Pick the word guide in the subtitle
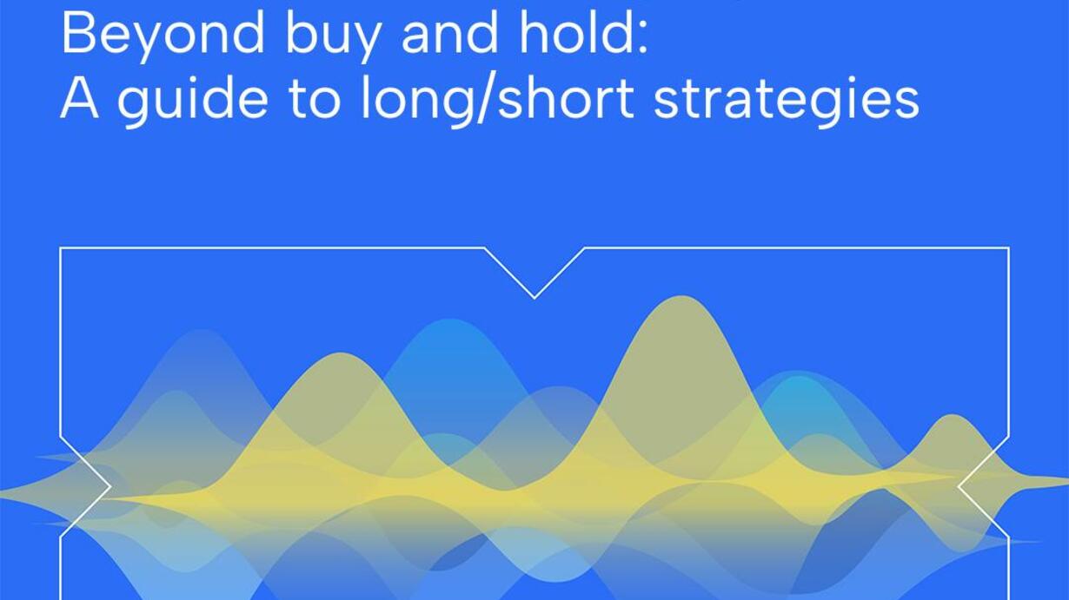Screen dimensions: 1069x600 click(x=192, y=100)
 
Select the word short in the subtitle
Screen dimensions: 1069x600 click(x=566, y=97)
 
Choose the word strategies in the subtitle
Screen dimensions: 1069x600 click(x=786, y=100)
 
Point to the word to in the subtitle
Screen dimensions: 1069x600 click(x=315, y=99)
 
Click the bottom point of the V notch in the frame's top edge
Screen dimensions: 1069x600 click(x=534, y=299)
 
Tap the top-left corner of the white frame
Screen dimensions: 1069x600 click(x=60, y=248)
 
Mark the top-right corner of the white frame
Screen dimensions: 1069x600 click(x=1008, y=248)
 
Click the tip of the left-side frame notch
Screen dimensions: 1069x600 click(x=110, y=486)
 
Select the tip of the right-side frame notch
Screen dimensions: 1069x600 click(x=959, y=486)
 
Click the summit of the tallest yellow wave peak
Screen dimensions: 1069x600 click(x=683, y=297)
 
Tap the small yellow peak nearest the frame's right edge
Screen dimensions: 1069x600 click(x=953, y=415)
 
